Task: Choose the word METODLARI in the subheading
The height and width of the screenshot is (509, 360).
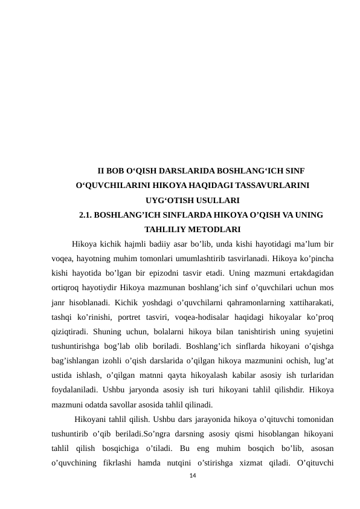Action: pyautogui.click(x=220, y=229)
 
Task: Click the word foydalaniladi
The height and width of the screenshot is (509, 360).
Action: pyautogui.click(x=74, y=390)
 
